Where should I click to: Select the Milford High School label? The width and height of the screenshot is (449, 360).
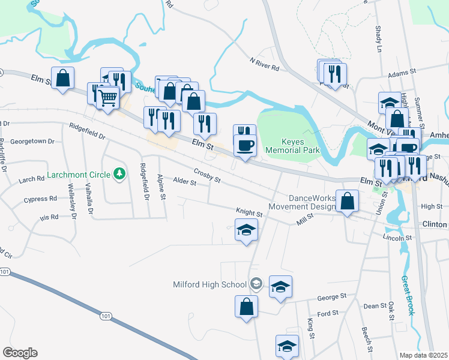[x=218, y=285]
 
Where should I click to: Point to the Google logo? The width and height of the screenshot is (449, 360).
[x=20, y=352]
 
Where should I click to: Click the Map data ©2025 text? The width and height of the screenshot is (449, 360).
[x=424, y=355]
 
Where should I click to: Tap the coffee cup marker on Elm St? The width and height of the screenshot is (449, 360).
[x=245, y=146]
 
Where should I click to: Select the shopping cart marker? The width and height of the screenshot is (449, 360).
[x=107, y=97]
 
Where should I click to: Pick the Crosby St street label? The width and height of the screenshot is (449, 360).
[x=207, y=176]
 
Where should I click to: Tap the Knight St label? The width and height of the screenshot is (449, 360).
[x=249, y=214]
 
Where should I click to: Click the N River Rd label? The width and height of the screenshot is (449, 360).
[x=264, y=64]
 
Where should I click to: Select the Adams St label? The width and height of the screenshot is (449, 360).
[x=402, y=73]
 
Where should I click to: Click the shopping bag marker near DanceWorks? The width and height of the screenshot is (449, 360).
[x=348, y=201]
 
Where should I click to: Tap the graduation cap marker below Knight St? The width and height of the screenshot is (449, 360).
[x=246, y=230]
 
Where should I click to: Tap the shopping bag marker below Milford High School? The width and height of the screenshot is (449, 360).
[x=246, y=307]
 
